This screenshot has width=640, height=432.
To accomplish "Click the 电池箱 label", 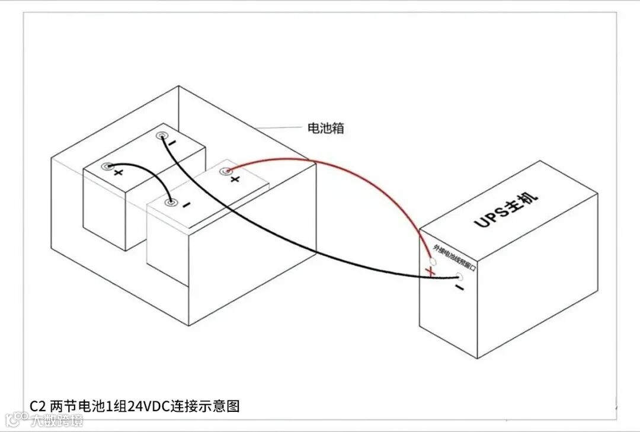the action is click(x=324, y=128).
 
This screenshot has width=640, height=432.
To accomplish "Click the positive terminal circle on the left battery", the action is click(x=107, y=167).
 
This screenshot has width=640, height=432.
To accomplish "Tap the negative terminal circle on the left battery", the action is click(x=161, y=137).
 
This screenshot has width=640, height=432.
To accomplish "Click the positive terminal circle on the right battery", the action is click(x=225, y=172).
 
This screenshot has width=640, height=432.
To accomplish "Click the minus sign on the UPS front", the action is click(x=459, y=288).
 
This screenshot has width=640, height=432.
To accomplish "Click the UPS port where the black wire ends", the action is click(x=459, y=277).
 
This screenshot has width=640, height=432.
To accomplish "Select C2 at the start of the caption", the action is click(x=37, y=406).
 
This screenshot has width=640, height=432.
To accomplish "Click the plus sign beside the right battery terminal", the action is click(x=235, y=179).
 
